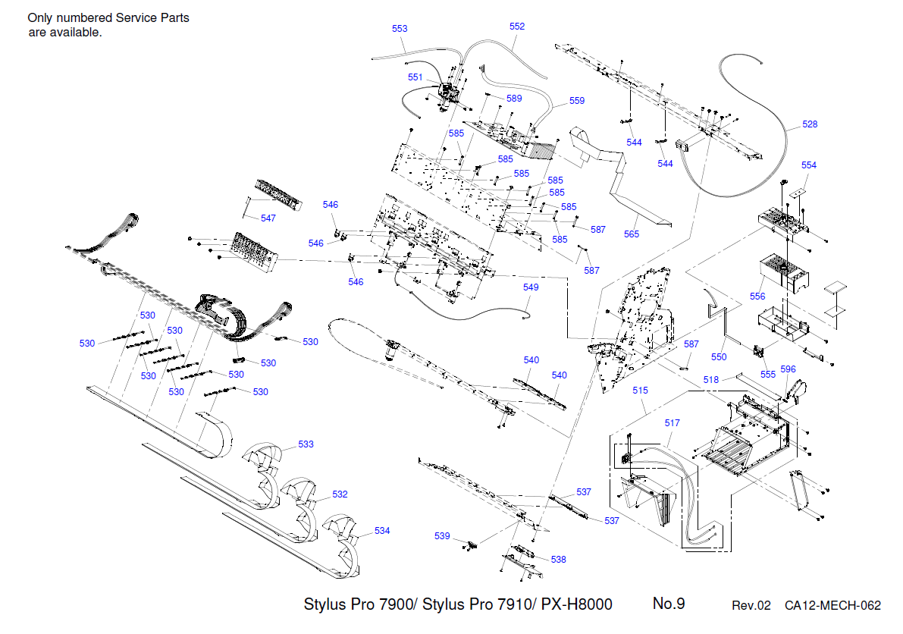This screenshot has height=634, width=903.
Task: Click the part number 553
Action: point(400,29)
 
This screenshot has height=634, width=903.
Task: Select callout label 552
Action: point(517,26)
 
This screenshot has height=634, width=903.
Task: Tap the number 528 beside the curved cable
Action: point(810,124)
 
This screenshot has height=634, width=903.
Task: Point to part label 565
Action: point(632,234)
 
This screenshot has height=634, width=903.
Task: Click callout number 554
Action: point(809,165)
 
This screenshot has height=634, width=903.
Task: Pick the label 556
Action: point(757,297)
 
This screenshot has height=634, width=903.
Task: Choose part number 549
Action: point(531,287)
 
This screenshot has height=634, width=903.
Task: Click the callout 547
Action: point(268,218)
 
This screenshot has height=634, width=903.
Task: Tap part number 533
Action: point(306,444)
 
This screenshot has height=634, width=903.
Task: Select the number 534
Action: point(382,531)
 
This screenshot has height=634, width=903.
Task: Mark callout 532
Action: point(340,494)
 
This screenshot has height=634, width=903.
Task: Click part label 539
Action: point(442,536)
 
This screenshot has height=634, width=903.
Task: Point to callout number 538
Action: point(558,560)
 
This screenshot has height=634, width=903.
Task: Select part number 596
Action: point(788,369)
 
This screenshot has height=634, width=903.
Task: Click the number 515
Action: point(641,391)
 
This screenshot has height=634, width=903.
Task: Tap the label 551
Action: point(415,77)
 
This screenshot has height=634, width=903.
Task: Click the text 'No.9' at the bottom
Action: point(669,604)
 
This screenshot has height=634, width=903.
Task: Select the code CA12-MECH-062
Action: point(832,605)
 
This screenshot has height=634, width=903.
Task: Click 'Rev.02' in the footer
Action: point(751,605)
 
